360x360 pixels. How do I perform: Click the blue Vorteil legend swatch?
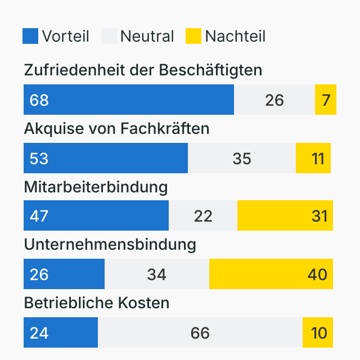(30, 36)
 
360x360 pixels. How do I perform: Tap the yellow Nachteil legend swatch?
(193, 36)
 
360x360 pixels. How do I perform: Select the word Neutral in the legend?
(147, 37)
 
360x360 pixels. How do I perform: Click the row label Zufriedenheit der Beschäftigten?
(143, 70)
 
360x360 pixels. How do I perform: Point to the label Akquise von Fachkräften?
(116, 129)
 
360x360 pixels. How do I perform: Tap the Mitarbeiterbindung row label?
(96, 187)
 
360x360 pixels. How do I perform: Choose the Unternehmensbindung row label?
(110, 245)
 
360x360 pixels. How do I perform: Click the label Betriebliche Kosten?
(96, 303)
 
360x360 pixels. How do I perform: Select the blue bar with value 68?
(128, 100)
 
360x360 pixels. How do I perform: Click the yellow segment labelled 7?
(326, 100)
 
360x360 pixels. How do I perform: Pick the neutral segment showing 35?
(242, 158)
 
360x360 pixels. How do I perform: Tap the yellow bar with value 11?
(313, 158)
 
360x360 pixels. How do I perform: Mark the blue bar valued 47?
(96, 215)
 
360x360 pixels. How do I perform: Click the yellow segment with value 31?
(285, 215)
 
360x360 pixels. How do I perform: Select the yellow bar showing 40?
(271, 274)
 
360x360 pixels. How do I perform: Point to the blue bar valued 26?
(64, 274)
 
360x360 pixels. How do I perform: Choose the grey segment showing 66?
(200, 332)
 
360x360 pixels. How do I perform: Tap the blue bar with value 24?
(60, 332)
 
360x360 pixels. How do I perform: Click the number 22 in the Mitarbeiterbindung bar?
(203, 216)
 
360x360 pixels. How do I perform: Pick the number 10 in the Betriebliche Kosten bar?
(319, 333)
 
